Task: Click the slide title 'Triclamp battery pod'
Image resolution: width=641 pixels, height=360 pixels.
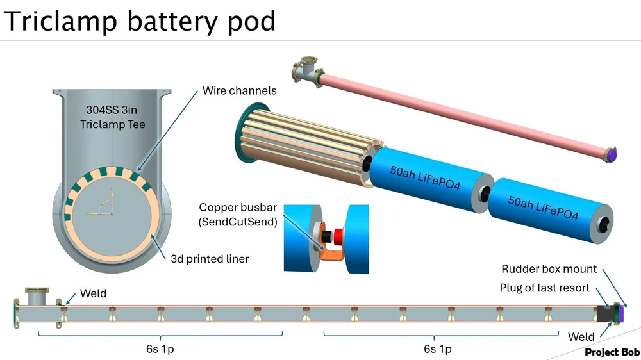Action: point(140,20)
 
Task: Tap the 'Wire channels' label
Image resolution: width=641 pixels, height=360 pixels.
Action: point(239,90)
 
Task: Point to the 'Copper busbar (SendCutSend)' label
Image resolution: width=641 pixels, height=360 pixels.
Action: point(238,214)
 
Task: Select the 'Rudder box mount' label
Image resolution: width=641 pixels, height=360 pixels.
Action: point(549,269)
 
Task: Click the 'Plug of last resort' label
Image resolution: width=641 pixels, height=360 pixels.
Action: point(544,288)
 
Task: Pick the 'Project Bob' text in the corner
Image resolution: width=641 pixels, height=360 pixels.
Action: point(612,352)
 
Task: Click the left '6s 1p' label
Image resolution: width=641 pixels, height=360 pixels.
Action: point(158,349)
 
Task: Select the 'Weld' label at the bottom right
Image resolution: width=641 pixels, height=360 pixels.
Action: point(581,337)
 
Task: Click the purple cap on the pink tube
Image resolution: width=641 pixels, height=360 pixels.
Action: point(613,154)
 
